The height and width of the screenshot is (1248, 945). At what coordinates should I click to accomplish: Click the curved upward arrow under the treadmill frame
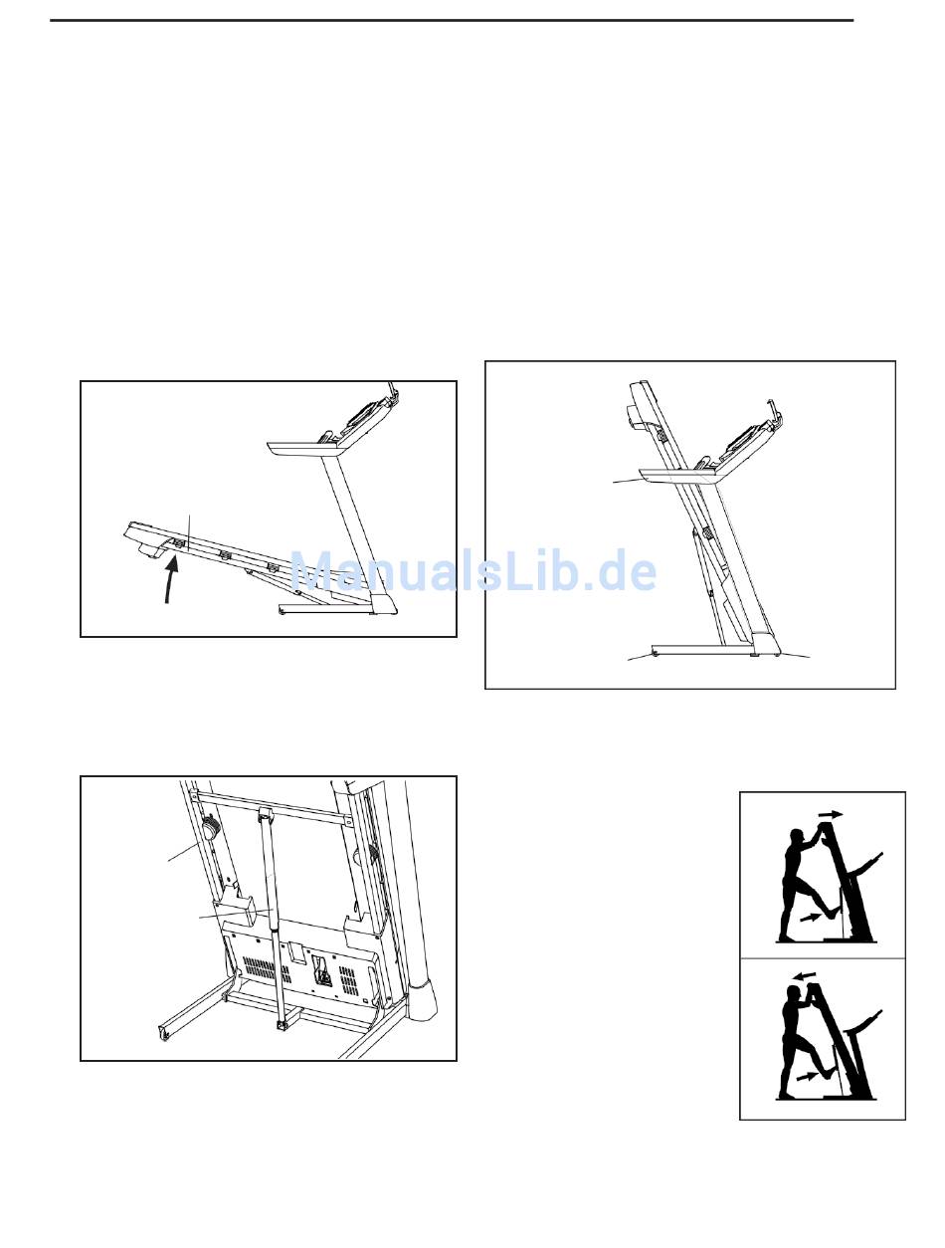pos(169,581)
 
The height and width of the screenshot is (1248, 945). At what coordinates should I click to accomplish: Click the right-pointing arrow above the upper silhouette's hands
pos(832,815)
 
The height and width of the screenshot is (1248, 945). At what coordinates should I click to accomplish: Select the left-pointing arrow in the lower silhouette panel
pos(807,976)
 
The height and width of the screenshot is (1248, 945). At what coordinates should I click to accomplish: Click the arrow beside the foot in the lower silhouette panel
pos(808,1076)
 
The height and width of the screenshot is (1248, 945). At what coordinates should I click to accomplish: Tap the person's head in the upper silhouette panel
pos(797,838)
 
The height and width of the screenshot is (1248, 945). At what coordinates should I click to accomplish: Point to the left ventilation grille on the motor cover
pos(267,968)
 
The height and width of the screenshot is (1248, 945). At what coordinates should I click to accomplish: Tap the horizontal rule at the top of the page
pos(452,21)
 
